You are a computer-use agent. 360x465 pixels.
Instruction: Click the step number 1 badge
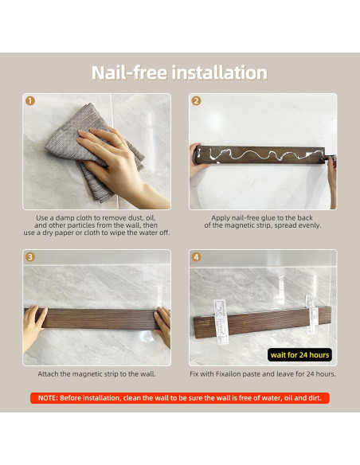point(30,101)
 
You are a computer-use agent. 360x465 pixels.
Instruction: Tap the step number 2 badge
point(196,101)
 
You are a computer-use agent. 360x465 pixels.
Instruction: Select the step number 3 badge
point(30,257)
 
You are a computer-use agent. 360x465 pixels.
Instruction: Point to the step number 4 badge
point(196,257)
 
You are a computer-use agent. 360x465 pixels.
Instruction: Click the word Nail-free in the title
point(129,72)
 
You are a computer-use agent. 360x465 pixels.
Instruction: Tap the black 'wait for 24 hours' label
point(299,354)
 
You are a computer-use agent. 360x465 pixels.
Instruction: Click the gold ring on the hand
point(119,145)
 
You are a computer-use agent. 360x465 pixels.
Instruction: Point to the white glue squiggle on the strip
point(261,154)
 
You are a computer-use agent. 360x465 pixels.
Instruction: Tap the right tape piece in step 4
point(311,315)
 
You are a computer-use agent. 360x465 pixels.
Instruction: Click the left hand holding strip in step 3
point(34,326)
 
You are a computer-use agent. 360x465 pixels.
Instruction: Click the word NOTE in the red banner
point(48,398)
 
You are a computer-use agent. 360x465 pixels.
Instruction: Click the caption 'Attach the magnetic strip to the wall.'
point(96,374)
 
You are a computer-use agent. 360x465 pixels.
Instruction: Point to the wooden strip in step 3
point(98,319)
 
